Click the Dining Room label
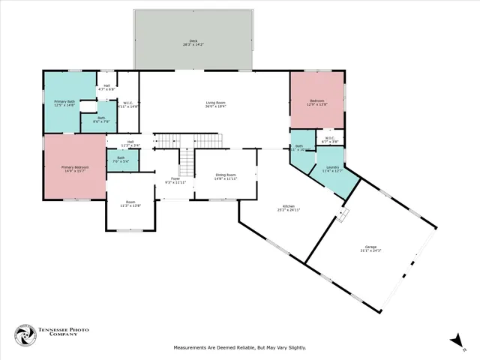[x=226, y=176]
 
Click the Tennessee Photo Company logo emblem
[x=25, y=336]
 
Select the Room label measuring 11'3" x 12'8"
[x=130, y=202]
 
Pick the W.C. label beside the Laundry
[x=330, y=139]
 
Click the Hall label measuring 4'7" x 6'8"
[x=106, y=85]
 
